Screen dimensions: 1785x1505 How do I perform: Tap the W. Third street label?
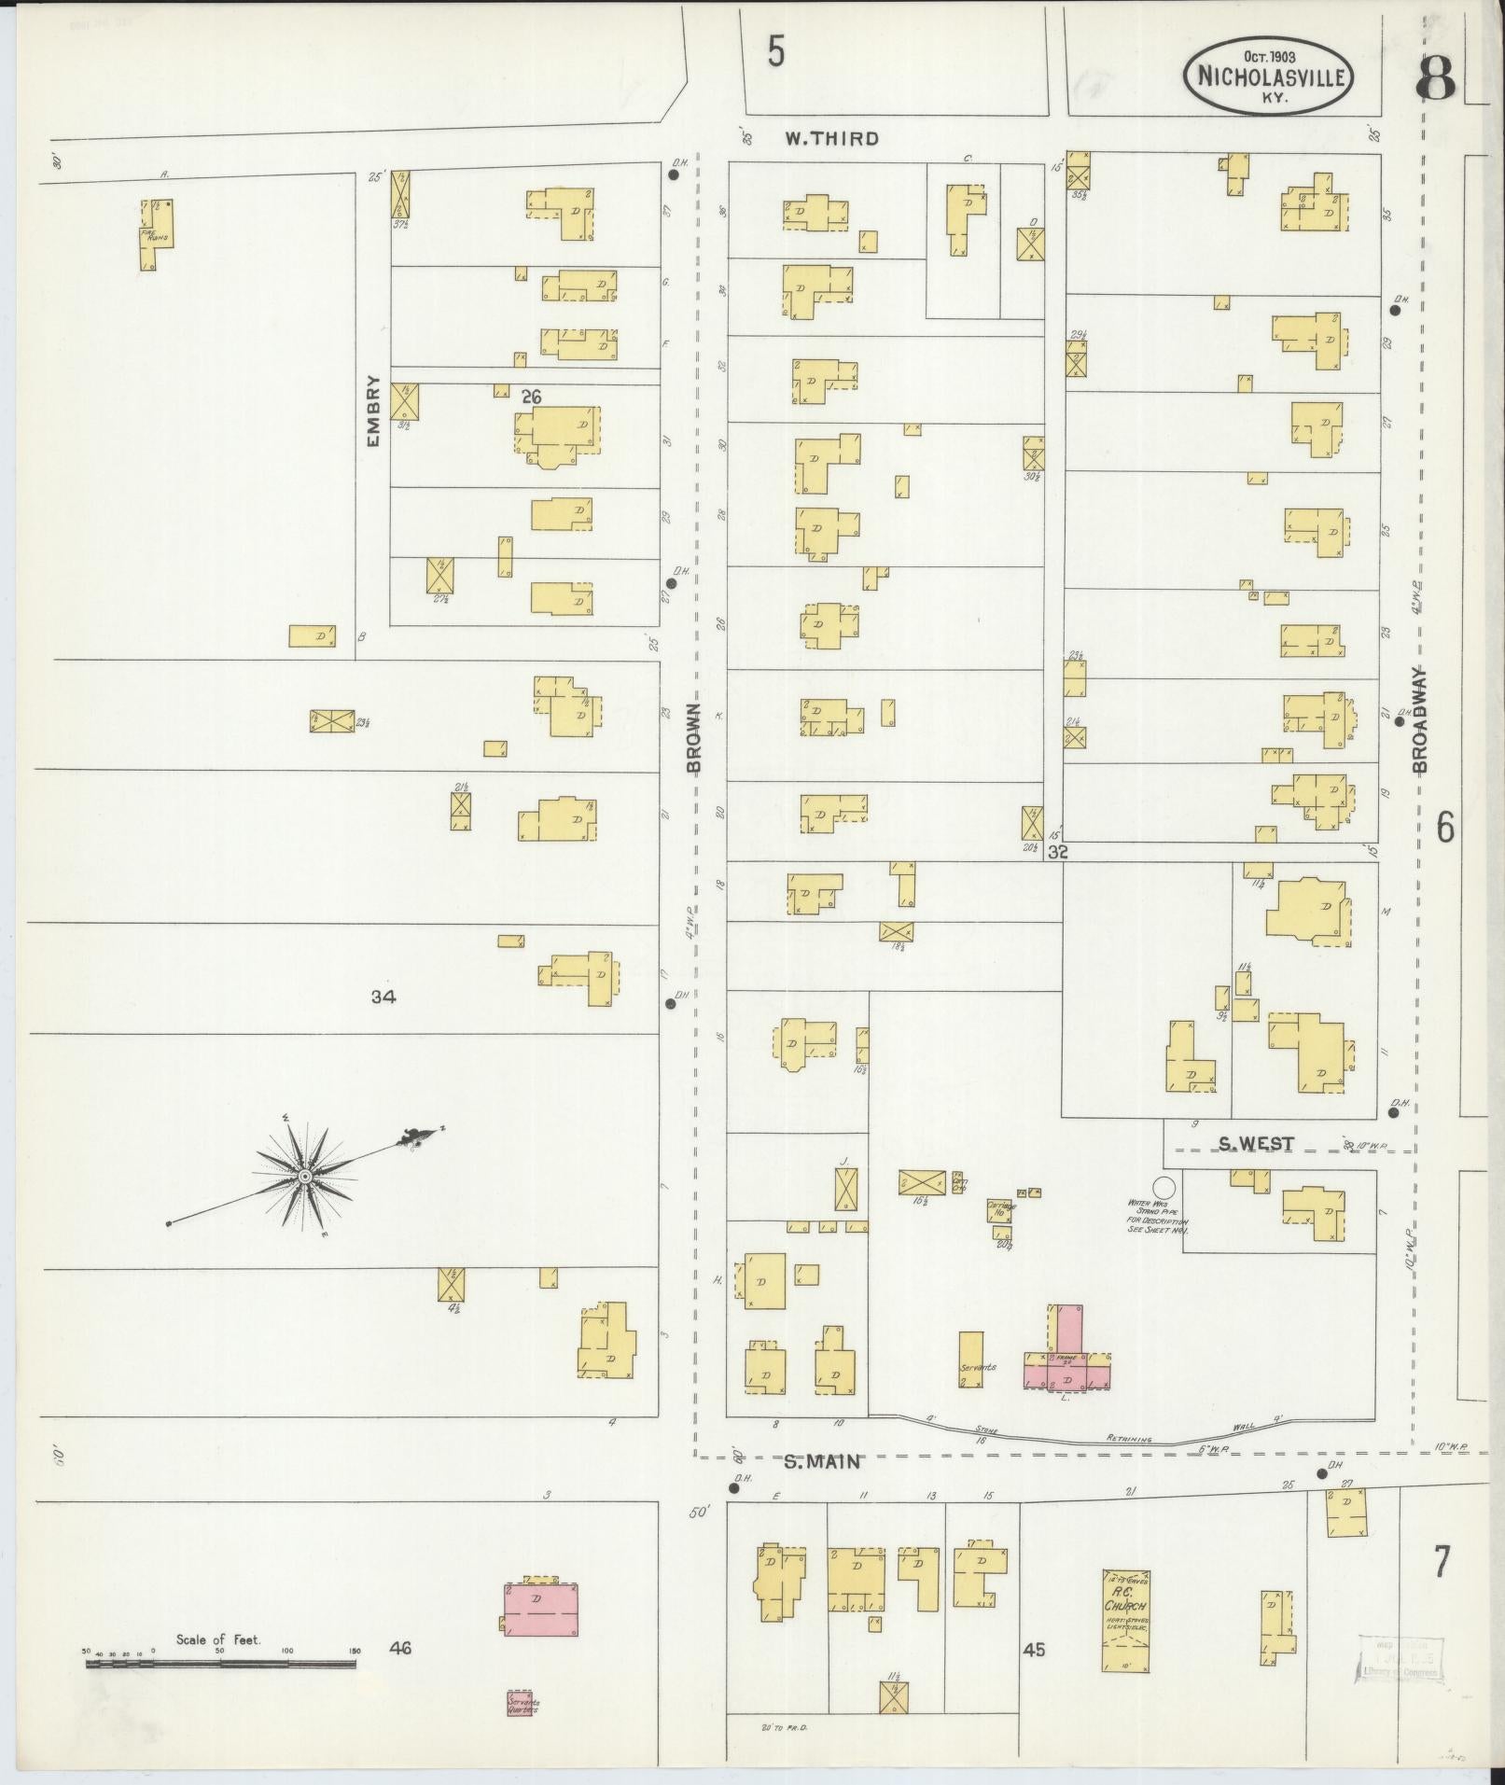(830, 139)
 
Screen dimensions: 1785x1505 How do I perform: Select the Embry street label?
(374, 411)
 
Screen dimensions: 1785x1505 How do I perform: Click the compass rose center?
(304, 1178)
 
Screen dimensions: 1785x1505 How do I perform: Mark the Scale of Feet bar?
(220, 1664)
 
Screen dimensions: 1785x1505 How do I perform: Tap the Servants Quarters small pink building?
(524, 1704)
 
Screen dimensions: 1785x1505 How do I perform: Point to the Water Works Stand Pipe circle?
(1164, 1187)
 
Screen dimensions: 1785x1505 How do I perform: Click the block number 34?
(383, 997)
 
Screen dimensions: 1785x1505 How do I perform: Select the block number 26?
(532, 397)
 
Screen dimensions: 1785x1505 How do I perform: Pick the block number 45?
(1033, 1650)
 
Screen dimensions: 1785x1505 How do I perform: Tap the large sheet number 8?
(1435, 79)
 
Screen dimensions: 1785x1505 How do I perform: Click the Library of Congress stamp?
(1400, 1657)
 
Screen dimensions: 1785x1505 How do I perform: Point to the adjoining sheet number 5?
(775, 52)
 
